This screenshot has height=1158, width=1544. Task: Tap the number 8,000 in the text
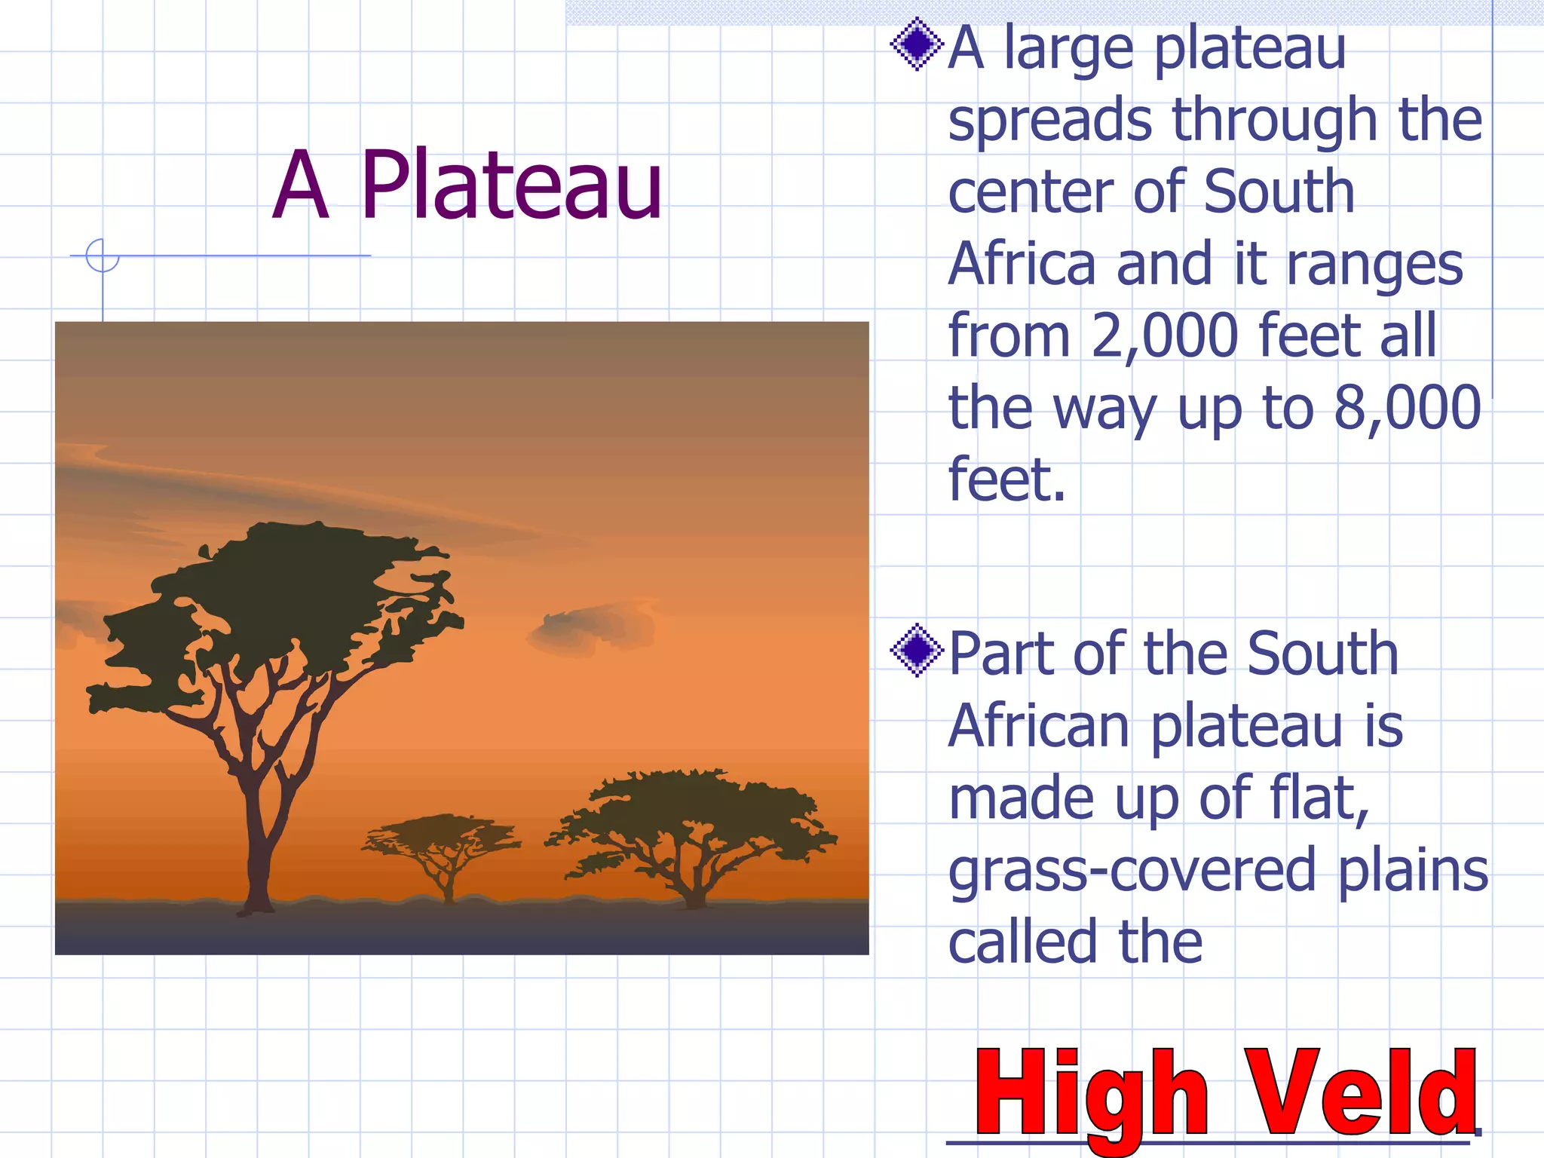1407,408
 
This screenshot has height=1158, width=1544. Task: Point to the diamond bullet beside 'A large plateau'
917,44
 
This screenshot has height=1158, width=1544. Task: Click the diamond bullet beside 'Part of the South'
917,650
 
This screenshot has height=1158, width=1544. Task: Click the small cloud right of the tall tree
592,628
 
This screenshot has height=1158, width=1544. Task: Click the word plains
1414,872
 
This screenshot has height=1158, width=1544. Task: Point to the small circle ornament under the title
103,255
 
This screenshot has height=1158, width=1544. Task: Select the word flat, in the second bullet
1319,799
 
